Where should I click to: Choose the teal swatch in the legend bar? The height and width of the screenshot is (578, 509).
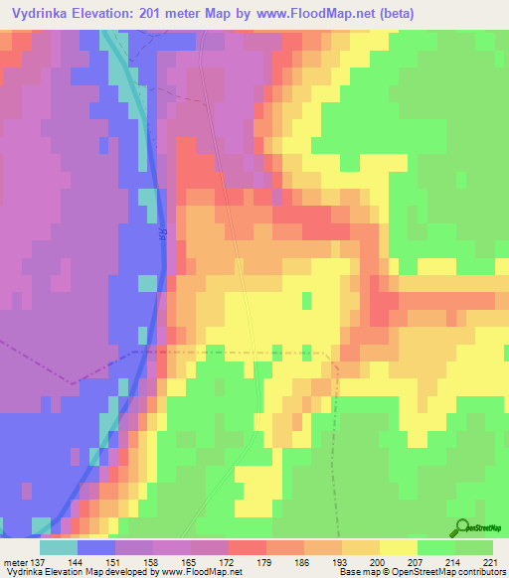[59, 546]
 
